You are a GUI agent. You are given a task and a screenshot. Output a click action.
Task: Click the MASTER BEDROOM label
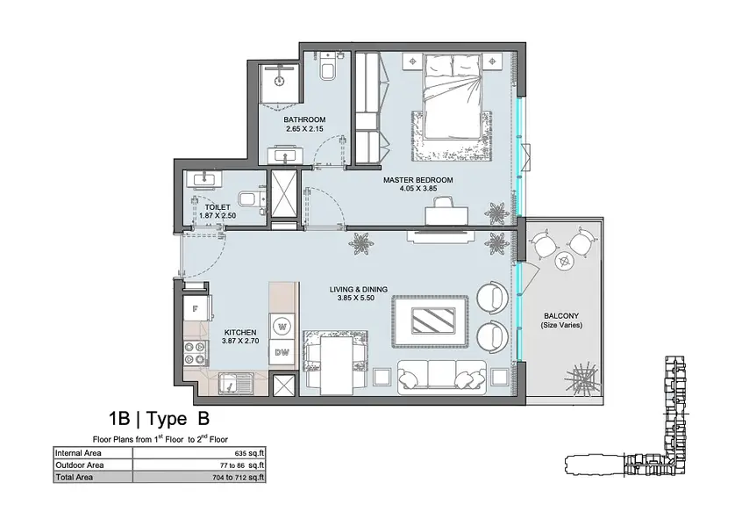click(x=418, y=180)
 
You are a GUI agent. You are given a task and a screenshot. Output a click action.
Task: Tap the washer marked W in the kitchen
click(x=282, y=327)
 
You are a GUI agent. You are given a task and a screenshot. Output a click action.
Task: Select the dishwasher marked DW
click(x=282, y=353)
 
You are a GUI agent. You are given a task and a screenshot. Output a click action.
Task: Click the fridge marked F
click(x=196, y=309)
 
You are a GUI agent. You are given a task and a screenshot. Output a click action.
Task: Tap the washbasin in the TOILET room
click(x=204, y=179)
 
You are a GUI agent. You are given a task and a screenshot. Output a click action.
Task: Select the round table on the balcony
click(x=566, y=261)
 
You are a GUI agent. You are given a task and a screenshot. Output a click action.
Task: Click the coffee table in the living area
click(x=430, y=321)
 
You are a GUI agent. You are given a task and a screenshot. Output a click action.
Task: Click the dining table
click(x=336, y=365)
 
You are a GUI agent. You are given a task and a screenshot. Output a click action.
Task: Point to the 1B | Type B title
click(x=159, y=419)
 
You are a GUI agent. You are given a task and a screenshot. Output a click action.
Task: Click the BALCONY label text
click(x=561, y=315)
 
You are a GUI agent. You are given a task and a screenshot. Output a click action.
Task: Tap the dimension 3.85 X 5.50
click(x=356, y=298)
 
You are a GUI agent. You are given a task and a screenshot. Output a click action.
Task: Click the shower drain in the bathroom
click(x=281, y=79)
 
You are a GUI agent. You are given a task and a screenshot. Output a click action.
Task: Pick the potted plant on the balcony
click(x=581, y=377)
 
